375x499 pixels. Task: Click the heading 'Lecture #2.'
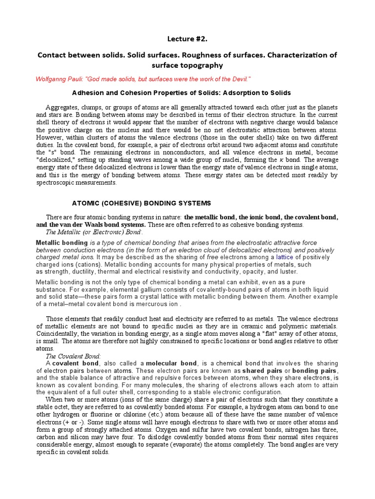point(187,38)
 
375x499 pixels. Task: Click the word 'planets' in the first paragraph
point(326,107)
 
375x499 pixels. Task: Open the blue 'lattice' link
point(285,257)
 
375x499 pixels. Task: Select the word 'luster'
point(286,271)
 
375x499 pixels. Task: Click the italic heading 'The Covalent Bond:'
point(72,356)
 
